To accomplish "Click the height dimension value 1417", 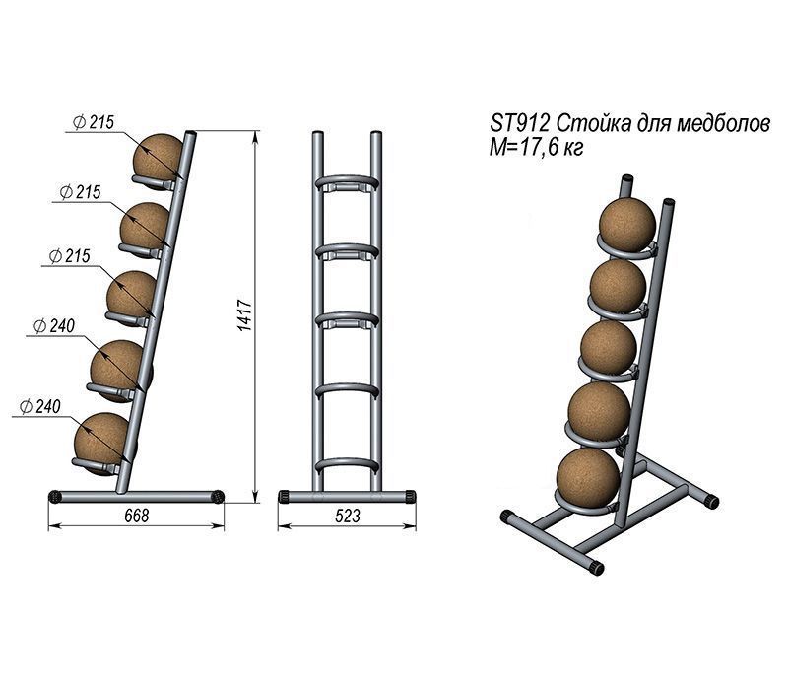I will pos(246,315).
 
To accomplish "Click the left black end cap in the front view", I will pos(284,496).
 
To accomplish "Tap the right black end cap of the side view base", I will pos(221,496).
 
